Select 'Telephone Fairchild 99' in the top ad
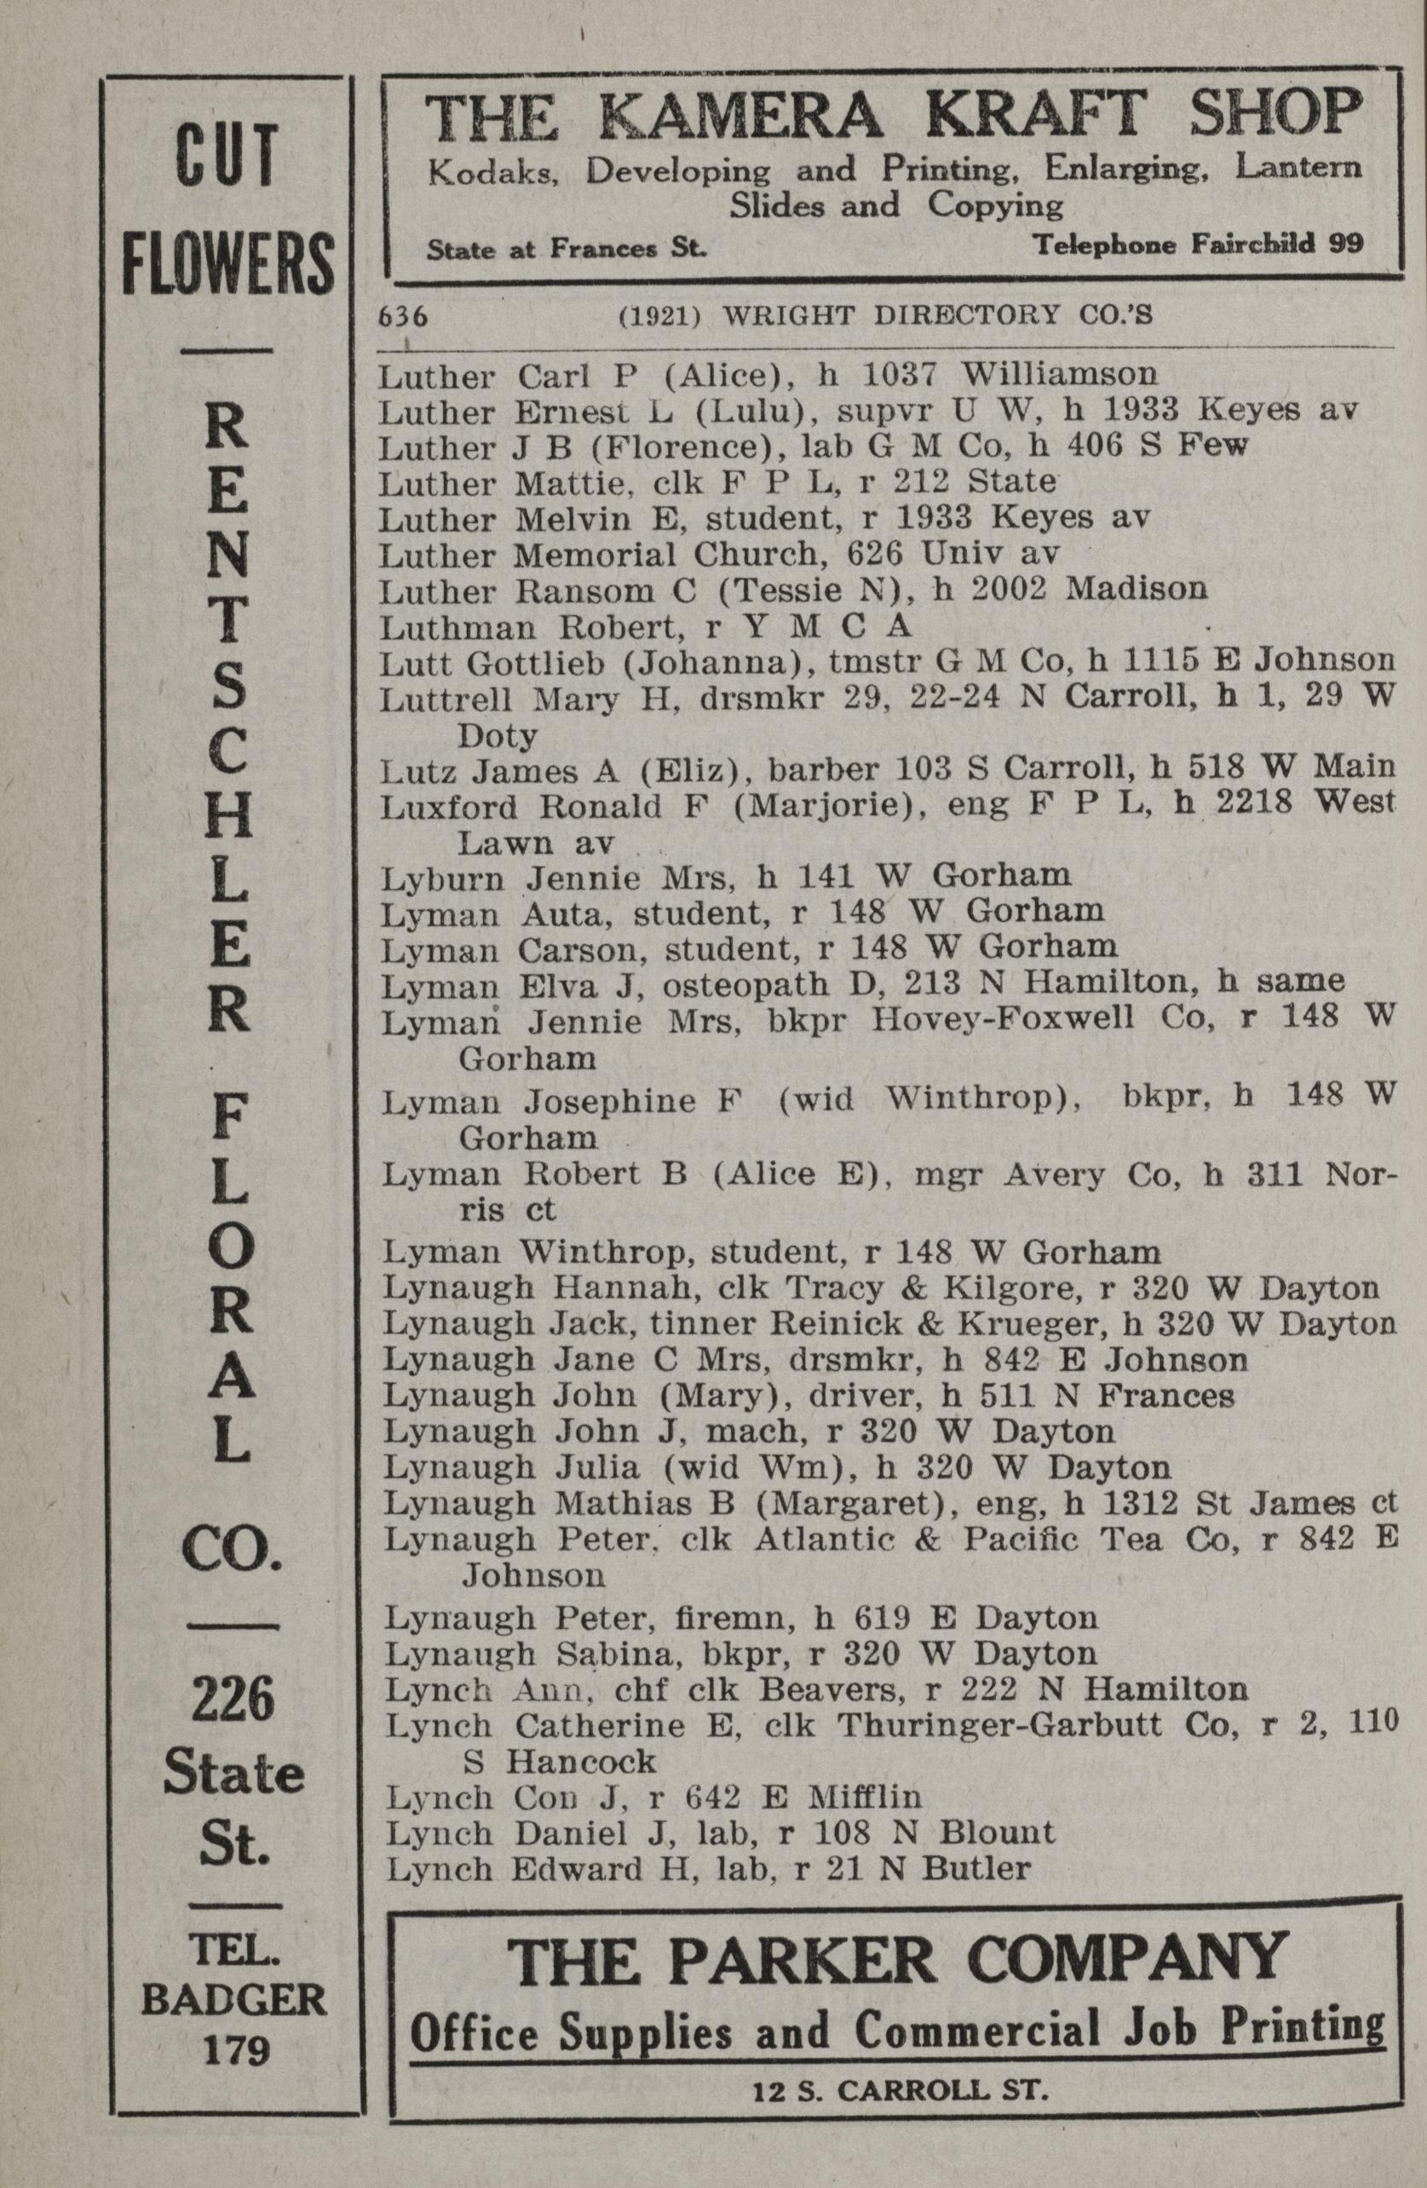click(1197, 245)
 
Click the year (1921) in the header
click(662, 316)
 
